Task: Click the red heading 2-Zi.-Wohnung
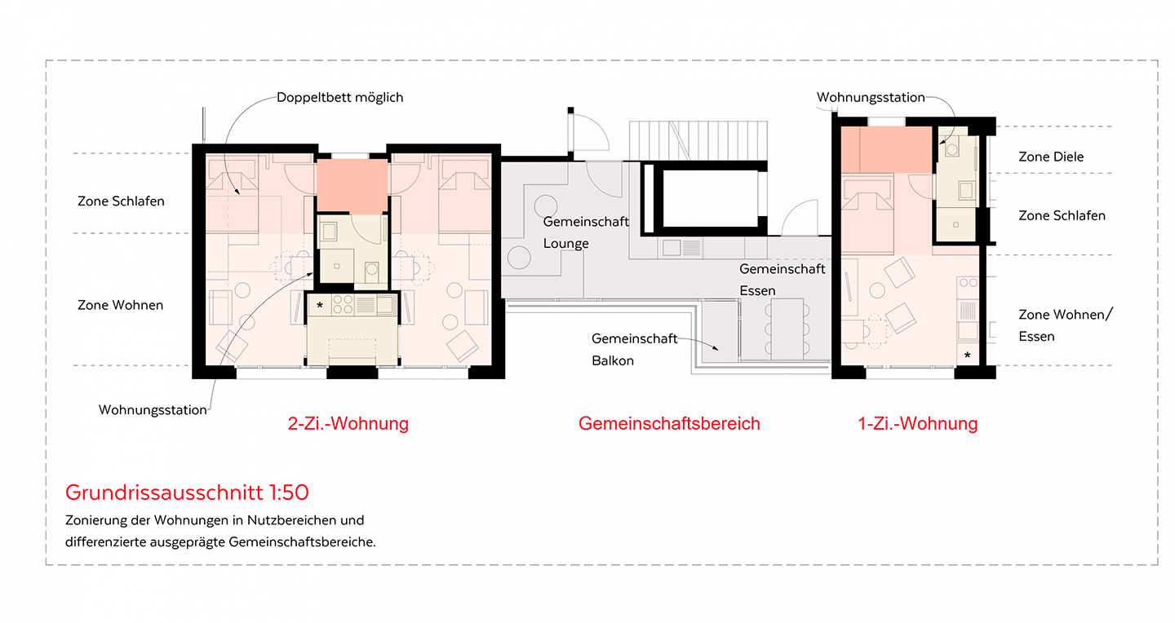coord(348,423)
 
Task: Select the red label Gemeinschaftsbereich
coord(669,423)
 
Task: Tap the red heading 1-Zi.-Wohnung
coord(917,423)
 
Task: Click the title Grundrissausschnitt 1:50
coord(187,493)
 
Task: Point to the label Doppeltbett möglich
coord(340,98)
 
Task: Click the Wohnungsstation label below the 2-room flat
coord(153,409)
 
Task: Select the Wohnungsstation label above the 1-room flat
coord(870,98)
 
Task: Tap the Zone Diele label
coord(1051,157)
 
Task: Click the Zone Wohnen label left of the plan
coord(120,305)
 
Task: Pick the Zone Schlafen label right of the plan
coord(1062,215)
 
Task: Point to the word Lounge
coord(565,243)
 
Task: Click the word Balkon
coord(612,360)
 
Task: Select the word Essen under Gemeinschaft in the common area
coord(757,290)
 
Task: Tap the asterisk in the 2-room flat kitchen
coord(320,305)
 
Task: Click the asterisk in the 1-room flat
coord(967,355)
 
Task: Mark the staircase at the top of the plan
coord(698,140)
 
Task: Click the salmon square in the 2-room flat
coord(352,186)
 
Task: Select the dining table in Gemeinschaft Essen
coord(787,329)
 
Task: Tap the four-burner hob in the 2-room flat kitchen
coord(343,305)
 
